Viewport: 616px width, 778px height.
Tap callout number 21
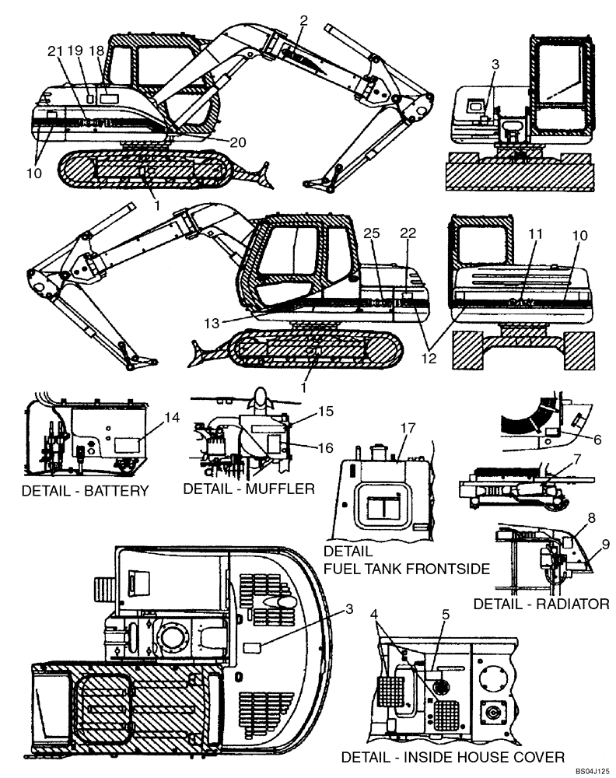tap(54, 51)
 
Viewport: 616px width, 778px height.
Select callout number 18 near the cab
tap(96, 51)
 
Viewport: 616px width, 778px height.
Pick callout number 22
tap(406, 233)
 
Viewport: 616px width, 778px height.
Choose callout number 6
tap(597, 440)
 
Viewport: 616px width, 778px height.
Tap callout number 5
tap(445, 613)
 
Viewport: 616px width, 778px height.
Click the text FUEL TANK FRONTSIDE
tap(406, 569)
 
